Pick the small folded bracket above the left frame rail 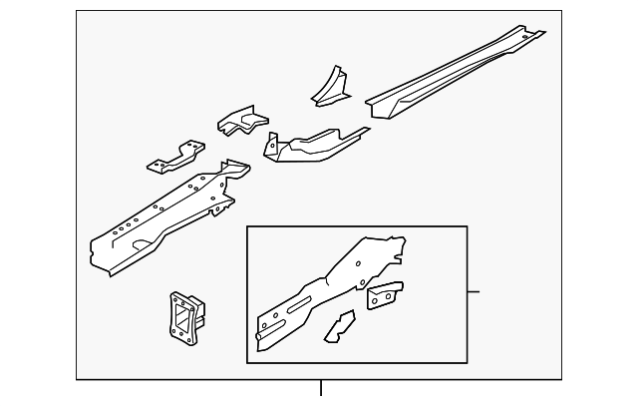tap(242, 123)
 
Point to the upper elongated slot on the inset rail tap(299, 302)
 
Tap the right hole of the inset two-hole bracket tap(390, 293)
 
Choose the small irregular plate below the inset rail tap(339, 326)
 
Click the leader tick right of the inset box tap(474, 291)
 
